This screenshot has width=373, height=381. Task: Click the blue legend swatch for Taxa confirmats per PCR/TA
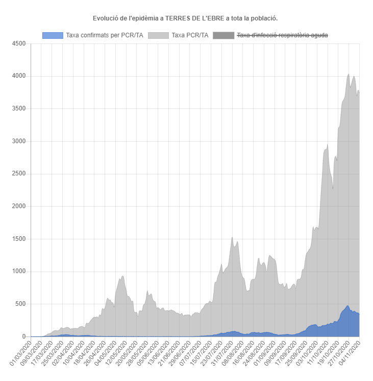coord(53,35)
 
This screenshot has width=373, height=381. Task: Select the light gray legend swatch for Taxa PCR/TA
coord(159,35)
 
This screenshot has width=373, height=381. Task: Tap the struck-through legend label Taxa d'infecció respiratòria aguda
coord(282,35)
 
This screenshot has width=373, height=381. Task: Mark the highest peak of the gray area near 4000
coord(349,74)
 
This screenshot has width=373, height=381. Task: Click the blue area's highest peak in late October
coord(347,306)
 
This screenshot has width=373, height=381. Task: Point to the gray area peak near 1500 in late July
coord(232,237)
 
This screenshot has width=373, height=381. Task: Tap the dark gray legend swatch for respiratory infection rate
coord(222,35)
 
